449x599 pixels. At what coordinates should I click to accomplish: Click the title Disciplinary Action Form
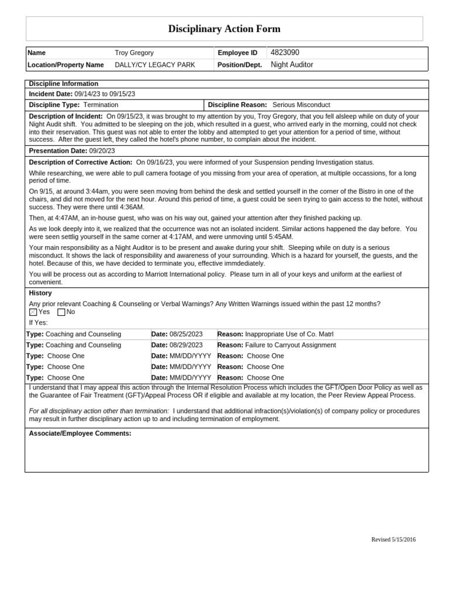tap(224, 29)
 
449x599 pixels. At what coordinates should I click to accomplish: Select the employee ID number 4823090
tap(285, 53)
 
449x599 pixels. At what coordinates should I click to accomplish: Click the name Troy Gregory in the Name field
tap(134, 53)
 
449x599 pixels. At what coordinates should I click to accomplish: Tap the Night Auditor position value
tap(292, 65)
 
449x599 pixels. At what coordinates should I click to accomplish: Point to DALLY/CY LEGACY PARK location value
tap(155, 65)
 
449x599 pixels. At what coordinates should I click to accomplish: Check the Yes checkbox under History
tap(33, 312)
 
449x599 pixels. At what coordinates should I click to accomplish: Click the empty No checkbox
tap(61, 312)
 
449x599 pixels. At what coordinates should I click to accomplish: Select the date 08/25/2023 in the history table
tap(186, 334)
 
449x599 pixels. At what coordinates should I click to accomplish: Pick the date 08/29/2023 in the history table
tap(186, 345)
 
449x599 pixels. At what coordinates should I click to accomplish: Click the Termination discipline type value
tap(101, 105)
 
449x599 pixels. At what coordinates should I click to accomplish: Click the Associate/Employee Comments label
tap(80, 433)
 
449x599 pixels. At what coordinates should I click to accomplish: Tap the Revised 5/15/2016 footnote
tap(393, 539)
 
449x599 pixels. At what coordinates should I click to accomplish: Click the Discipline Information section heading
tap(64, 84)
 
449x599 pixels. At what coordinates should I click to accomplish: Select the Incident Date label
tap(51, 94)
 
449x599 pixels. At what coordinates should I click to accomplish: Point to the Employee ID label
tap(237, 53)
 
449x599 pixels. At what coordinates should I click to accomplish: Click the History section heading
tap(40, 293)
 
